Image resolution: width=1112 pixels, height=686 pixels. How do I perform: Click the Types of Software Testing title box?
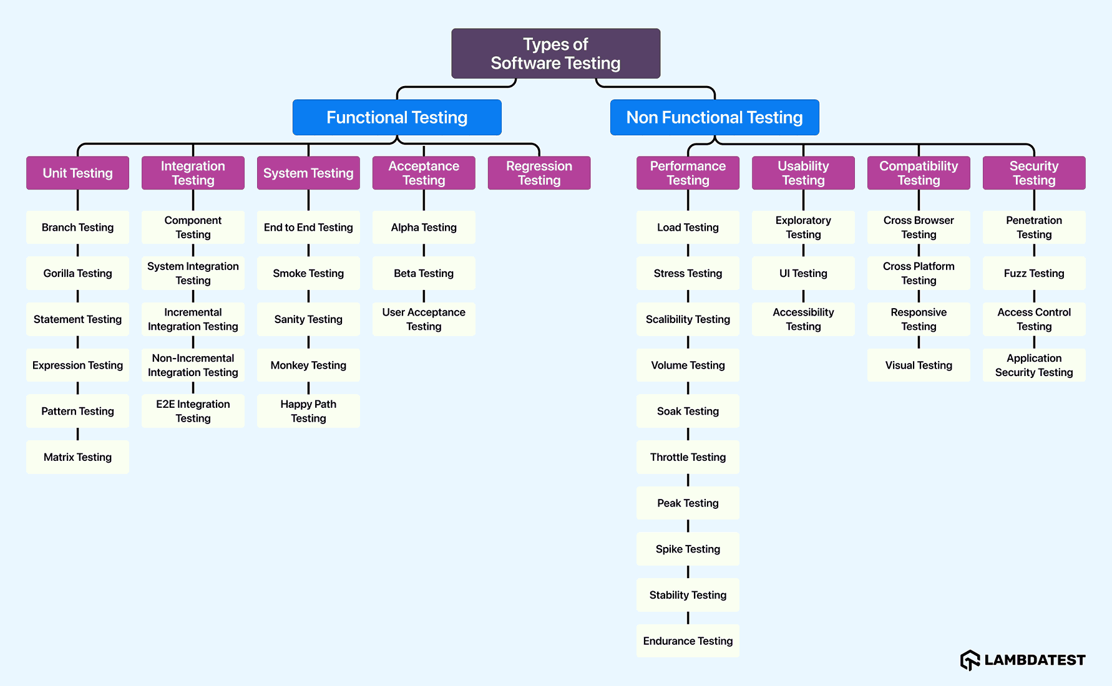(555, 54)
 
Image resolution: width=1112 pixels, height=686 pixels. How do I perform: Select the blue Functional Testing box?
(397, 117)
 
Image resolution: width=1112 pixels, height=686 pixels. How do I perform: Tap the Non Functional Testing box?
(715, 117)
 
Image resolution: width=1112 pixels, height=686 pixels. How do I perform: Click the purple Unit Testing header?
(77, 173)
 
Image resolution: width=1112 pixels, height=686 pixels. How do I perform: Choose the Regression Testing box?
(539, 173)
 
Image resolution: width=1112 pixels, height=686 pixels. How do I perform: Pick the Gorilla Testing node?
(77, 273)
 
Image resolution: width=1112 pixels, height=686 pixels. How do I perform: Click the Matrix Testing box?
(77, 457)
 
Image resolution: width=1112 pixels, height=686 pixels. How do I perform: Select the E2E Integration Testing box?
(193, 411)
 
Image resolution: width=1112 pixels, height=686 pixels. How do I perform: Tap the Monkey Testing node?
(308, 365)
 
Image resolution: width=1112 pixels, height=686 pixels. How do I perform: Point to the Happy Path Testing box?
(308, 411)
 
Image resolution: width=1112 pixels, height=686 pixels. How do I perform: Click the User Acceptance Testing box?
(424, 319)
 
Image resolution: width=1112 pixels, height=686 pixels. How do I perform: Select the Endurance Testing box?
(688, 640)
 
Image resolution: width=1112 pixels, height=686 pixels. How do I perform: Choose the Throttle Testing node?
(688, 457)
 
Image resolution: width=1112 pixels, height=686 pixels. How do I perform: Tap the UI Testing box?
(803, 273)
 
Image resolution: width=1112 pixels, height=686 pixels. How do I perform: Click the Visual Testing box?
(919, 365)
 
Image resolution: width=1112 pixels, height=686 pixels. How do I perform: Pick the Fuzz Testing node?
(1034, 273)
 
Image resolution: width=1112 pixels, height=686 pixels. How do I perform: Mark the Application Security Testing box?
(1034, 365)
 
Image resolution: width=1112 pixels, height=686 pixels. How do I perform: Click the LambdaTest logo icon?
(970, 660)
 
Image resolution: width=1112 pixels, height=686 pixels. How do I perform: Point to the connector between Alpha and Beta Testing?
(424, 250)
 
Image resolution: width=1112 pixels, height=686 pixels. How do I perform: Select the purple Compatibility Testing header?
(919, 173)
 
